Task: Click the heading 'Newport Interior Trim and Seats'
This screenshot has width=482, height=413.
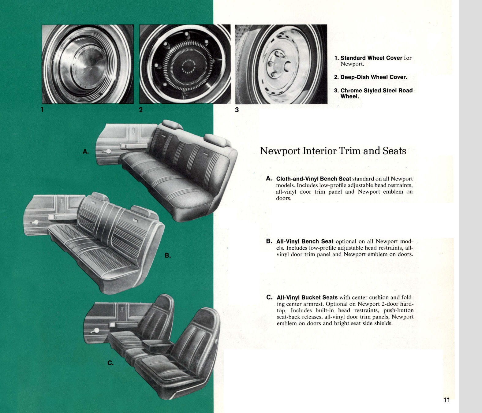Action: (x=333, y=151)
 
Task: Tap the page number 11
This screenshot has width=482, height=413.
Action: (x=446, y=400)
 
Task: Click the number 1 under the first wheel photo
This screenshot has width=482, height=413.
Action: (x=43, y=110)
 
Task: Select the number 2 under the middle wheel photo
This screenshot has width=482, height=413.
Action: (x=141, y=110)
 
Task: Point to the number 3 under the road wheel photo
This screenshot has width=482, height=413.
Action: (x=237, y=110)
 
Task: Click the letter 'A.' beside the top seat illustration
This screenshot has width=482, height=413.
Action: (x=86, y=151)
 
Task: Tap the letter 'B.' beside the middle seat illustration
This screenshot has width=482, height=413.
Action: (x=168, y=255)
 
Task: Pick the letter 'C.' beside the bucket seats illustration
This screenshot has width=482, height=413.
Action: (x=110, y=363)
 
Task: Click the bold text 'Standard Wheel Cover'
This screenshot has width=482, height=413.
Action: (x=371, y=58)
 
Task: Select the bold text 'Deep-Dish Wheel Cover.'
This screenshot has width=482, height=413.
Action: (x=374, y=77)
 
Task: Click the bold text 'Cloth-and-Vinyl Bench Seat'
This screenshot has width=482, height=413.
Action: (x=313, y=179)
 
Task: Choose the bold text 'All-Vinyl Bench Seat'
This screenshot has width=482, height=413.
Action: (x=305, y=241)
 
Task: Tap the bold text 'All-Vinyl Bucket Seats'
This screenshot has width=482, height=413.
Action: (x=307, y=297)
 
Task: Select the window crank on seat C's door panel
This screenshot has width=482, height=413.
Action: (x=96, y=330)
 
